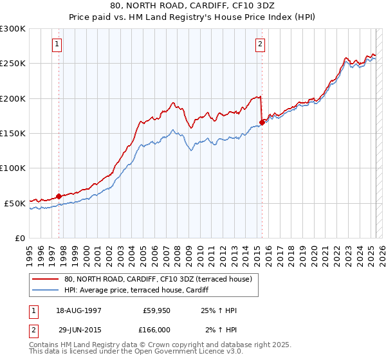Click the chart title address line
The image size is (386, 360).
point(192,8)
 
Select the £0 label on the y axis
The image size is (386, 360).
point(19,238)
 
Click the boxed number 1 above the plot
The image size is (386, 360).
point(58,44)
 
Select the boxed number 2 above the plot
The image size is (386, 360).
point(260,44)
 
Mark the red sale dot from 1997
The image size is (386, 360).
point(59,196)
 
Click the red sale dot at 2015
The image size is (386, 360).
point(262,122)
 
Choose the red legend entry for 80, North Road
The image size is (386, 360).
point(161,278)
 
